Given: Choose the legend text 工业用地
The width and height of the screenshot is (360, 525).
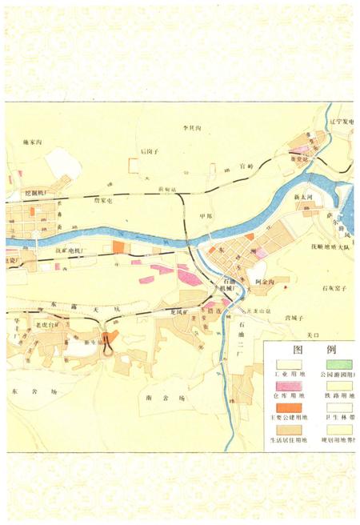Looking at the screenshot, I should (286, 374).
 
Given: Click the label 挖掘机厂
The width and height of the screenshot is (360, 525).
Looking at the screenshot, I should (36, 194).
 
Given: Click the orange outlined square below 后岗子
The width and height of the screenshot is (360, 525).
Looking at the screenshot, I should (134, 165).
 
